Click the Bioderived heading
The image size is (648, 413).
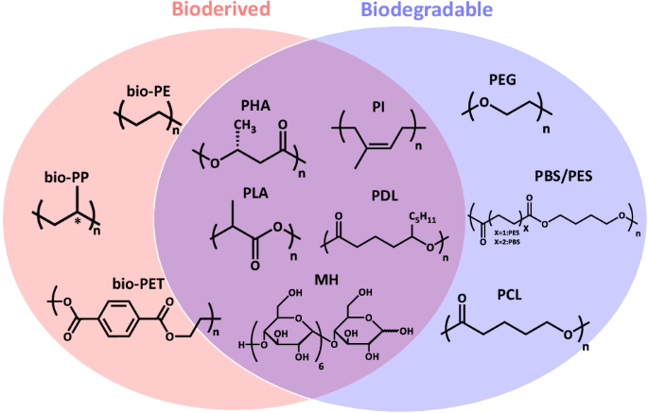point(221,11)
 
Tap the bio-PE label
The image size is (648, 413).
point(148,91)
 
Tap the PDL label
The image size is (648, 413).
point(387,194)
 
